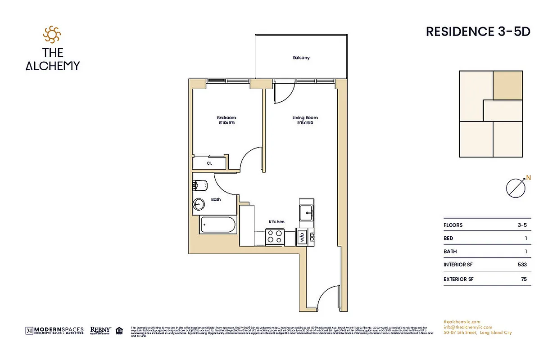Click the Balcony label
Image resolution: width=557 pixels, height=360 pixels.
[301, 58]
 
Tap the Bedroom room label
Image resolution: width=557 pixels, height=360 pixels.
[226, 118]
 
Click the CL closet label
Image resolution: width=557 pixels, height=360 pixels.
[209, 163]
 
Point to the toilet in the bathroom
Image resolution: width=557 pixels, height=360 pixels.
[199, 185]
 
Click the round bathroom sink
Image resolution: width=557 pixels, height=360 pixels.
[198, 204]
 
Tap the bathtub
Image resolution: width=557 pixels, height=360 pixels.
[218, 225]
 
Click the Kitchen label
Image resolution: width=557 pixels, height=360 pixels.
[276, 222]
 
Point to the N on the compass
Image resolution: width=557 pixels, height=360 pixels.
[529, 178]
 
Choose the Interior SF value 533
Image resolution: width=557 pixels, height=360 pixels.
[522, 265]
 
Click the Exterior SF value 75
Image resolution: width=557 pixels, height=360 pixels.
[523, 279]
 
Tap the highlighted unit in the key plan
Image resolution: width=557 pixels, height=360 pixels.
[507, 85]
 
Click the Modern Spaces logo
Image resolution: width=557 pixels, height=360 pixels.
[54, 330]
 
